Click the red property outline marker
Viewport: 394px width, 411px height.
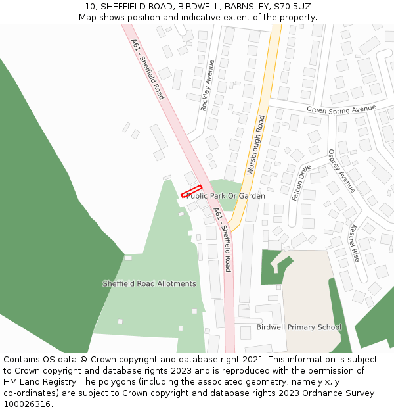coord(191,191)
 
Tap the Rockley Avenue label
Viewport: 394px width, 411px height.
coord(208,85)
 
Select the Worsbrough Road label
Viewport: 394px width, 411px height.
coord(255,145)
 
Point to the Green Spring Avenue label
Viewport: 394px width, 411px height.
coord(341,109)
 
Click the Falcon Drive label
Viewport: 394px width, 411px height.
coord(301,182)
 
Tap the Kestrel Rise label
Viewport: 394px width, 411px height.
coord(355,243)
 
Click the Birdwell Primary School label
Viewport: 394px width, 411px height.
coord(299,327)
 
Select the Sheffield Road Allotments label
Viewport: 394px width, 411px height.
coord(149,284)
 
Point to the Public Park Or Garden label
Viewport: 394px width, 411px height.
coord(226,196)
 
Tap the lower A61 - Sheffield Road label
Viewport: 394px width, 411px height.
coord(222,239)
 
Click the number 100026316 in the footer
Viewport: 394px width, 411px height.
coord(27,404)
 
